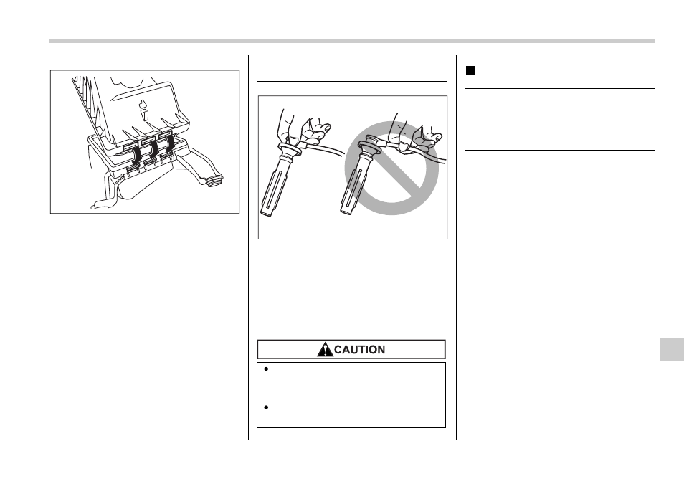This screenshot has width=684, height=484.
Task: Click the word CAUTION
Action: [x=359, y=350]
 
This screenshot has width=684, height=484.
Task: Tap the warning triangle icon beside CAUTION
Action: [x=325, y=350]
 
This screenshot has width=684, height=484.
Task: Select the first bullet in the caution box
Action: [x=266, y=369]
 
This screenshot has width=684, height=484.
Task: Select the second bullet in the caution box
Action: [x=266, y=407]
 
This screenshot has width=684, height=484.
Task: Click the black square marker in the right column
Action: [x=470, y=71]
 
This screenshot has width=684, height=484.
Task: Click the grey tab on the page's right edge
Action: [x=672, y=350]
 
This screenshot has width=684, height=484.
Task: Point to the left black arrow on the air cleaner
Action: [x=136, y=157]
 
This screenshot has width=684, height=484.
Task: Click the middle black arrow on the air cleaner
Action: [x=153, y=151]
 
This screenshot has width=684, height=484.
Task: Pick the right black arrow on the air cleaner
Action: [x=168, y=146]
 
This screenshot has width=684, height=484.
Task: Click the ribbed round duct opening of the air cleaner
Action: [x=214, y=180]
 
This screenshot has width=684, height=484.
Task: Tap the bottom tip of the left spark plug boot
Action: [x=266, y=214]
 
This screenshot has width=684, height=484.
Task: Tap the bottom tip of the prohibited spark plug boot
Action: [x=346, y=212]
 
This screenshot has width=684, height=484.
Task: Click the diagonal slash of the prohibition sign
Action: [x=391, y=168]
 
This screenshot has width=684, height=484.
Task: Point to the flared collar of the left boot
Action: [x=288, y=149]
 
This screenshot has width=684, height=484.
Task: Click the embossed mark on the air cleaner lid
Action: [x=143, y=110]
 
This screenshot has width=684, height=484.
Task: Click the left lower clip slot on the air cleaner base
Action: [x=131, y=168]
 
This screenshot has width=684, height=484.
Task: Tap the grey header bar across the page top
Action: [x=351, y=41]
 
